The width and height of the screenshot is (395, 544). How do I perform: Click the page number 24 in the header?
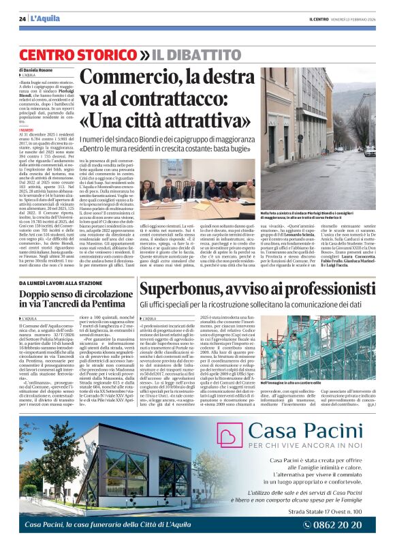tap(22, 18)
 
